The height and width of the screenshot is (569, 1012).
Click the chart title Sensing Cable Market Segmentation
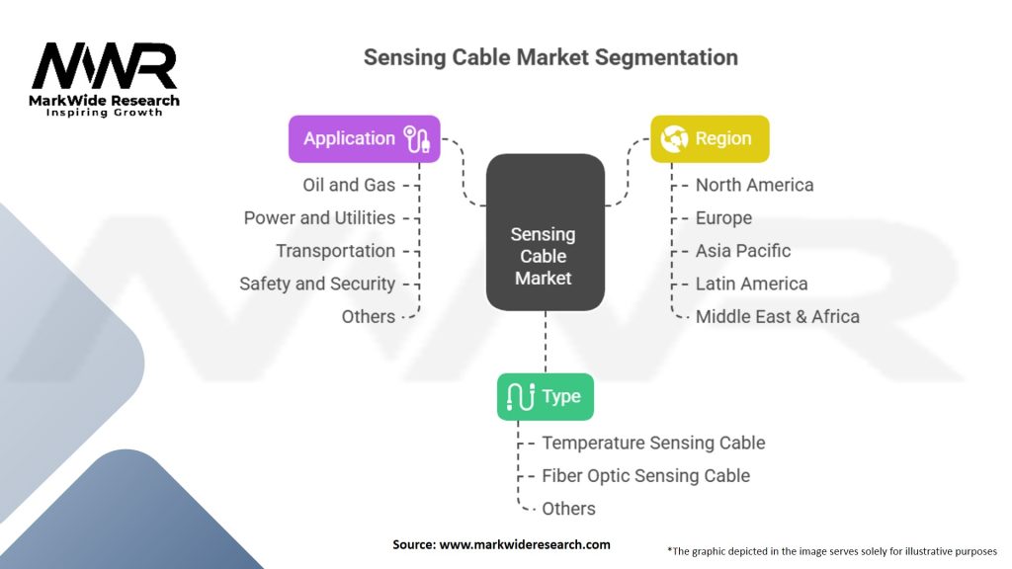click(550, 57)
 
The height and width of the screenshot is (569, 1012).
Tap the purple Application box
click(364, 138)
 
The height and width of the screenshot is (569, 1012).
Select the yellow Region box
click(710, 138)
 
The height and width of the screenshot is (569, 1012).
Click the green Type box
click(546, 397)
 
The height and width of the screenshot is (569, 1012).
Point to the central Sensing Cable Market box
click(546, 232)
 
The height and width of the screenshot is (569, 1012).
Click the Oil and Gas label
click(349, 185)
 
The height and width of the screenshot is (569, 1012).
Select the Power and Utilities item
click(319, 218)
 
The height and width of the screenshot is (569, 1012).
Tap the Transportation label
click(336, 251)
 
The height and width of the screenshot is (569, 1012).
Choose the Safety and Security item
click(317, 284)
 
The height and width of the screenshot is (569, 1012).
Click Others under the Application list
click(369, 317)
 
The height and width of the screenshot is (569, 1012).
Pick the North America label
click(754, 185)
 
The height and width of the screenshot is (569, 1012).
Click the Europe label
click(723, 218)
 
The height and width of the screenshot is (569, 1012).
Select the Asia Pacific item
click(743, 251)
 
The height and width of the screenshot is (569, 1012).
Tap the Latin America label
click(752, 284)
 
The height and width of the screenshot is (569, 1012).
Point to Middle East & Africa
click(778, 317)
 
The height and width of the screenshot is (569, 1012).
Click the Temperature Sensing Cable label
click(654, 444)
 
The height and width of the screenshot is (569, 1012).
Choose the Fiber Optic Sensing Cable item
click(646, 476)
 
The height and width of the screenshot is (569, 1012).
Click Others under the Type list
click(568, 509)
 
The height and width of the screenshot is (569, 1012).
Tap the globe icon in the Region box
click(674, 138)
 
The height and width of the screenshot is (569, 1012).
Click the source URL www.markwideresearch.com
click(525, 544)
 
